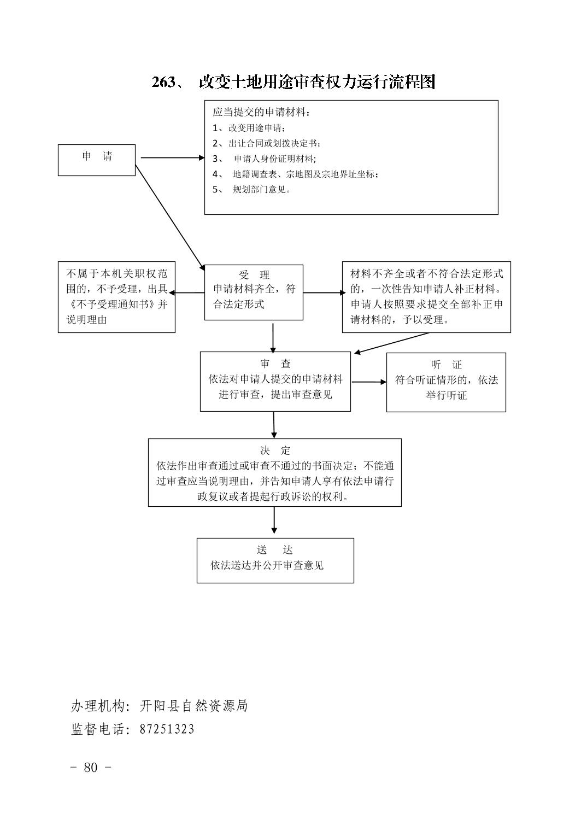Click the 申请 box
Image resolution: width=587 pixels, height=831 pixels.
tap(96, 160)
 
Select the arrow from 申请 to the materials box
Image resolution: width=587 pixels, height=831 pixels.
tap(172, 157)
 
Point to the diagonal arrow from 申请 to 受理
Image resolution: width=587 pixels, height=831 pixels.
tap(170, 218)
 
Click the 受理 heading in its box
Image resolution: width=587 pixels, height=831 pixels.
tap(254, 275)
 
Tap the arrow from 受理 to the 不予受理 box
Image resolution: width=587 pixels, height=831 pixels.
tap(187, 292)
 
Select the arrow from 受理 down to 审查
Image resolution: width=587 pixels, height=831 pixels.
tap(273, 338)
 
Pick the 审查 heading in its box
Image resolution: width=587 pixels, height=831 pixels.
tap(275, 364)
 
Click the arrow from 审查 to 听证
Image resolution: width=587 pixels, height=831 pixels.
tap(369, 382)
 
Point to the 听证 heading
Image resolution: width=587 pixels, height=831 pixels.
tap(446, 365)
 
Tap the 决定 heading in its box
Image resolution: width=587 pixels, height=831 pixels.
tap(275, 450)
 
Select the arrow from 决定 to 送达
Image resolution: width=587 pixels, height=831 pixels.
tap(274, 520)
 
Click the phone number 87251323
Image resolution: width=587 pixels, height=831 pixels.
tap(167, 729)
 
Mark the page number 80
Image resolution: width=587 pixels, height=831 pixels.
tap(91, 767)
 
